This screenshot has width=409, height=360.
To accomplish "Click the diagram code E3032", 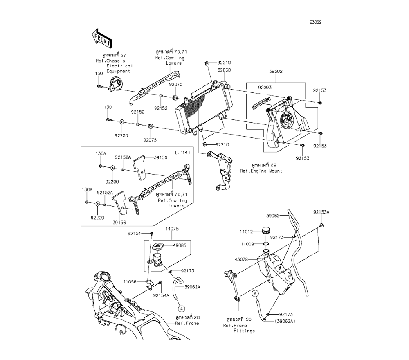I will [315, 22].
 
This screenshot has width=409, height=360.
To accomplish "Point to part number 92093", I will [264, 87].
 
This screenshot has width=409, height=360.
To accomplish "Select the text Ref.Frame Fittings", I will [239, 328].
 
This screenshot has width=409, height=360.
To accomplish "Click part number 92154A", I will [161, 295].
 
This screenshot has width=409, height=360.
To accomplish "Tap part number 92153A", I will [321, 212].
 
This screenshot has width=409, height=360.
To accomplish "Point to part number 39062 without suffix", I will [273, 215].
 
